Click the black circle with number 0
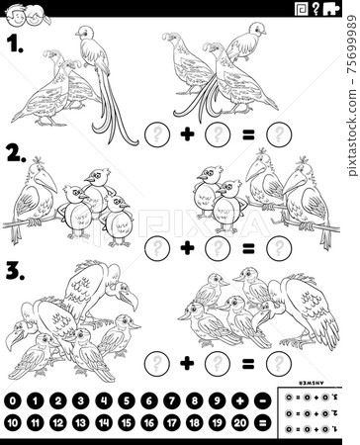pos(13,402)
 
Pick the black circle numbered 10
pos(13,422)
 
